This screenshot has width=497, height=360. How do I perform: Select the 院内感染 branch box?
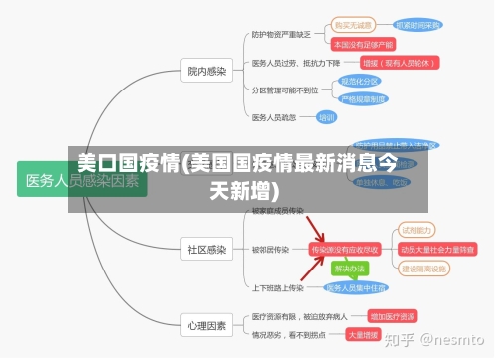point(207,71)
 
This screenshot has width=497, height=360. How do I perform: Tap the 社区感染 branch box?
point(207,248)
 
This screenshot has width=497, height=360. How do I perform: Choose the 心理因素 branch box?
point(207,324)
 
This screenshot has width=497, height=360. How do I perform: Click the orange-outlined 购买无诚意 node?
point(353,25)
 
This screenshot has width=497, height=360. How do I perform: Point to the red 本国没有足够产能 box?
point(363,44)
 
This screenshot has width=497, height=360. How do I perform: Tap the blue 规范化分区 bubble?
point(360,81)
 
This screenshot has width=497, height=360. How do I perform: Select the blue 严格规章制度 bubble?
point(364,98)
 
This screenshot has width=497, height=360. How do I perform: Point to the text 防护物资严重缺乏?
point(281,34)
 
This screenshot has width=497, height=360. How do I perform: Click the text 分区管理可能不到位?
point(285,90)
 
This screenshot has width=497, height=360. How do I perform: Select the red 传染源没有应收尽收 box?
point(345,249)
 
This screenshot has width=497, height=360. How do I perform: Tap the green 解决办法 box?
point(349,269)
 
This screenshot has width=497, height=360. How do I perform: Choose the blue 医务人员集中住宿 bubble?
point(356,288)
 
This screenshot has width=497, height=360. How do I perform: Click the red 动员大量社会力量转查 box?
point(437,249)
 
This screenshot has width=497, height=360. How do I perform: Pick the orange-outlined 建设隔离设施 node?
point(424,269)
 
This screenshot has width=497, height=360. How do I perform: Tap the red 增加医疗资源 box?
point(392,315)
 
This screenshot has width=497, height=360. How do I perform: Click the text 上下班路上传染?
point(277,288)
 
